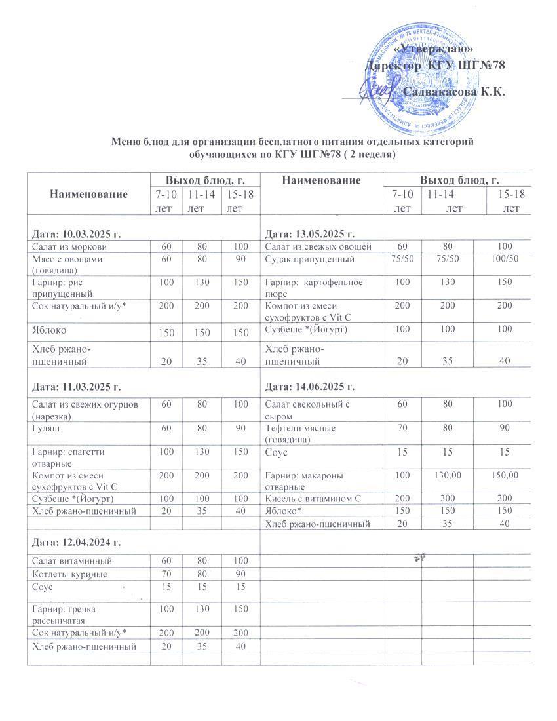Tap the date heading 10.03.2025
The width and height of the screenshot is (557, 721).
coord(77,234)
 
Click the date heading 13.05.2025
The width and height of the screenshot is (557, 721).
coord(309,234)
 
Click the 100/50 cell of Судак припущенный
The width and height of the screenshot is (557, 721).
coord(505,259)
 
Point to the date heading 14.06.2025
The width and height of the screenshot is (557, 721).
coord(309,388)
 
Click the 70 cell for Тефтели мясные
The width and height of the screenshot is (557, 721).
coord(402,428)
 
